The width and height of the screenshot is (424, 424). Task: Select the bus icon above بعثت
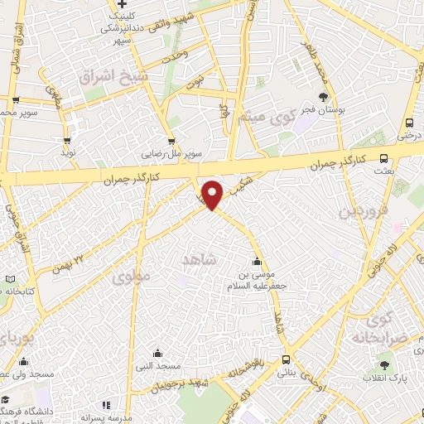point(383,158)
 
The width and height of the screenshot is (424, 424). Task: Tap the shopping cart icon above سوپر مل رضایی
point(171,142)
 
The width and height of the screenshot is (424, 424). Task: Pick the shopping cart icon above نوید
point(67,141)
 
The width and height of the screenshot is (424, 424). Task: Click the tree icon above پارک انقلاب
point(383,364)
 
